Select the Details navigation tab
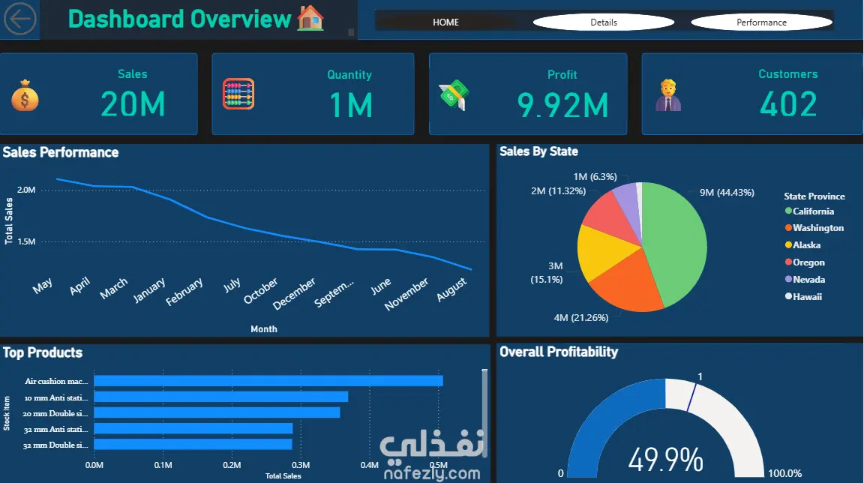[x=603, y=22]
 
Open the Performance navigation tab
[x=761, y=22]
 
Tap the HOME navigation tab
[x=445, y=22]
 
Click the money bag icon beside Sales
[x=24, y=96]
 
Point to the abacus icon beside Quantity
[x=238, y=94]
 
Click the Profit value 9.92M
[x=562, y=106]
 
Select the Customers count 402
[x=787, y=104]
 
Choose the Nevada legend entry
[x=808, y=280]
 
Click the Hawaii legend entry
[x=807, y=297]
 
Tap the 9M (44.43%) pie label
[x=727, y=193]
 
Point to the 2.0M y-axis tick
[x=26, y=190]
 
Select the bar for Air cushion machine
[x=268, y=381]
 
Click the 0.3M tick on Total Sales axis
[x=301, y=465]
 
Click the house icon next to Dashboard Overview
[x=310, y=18]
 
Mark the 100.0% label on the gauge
[x=784, y=473]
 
